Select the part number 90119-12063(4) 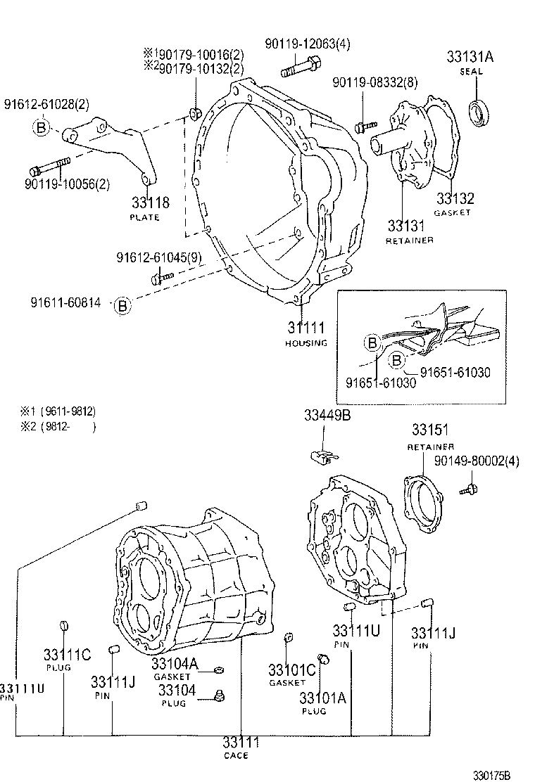(308, 44)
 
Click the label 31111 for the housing (306, 328)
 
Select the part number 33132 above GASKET (454, 199)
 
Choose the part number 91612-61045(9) (158, 258)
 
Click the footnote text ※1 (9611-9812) (58, 411)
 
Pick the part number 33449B (327, 415)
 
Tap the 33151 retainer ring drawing (423, 505)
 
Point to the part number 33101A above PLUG (322, 698)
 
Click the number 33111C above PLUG (67, 655)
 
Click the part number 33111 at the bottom (241, 743)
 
